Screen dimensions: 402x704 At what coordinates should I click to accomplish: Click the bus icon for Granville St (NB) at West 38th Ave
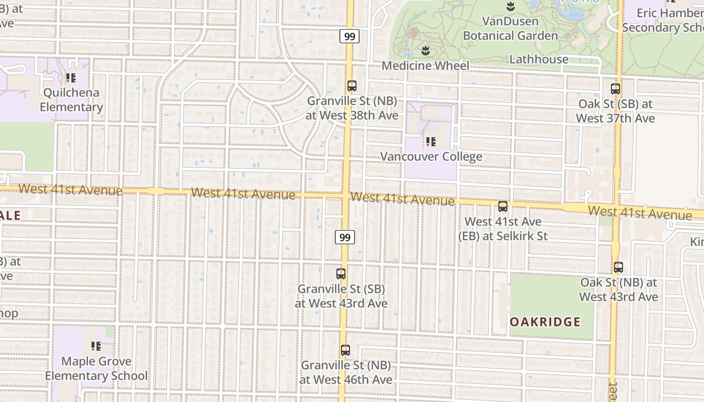pos(352,86)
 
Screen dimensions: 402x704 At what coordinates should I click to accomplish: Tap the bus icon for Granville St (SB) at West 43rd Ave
pos(341,274)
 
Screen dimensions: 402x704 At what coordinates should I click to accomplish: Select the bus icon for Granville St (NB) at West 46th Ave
pos(345,350)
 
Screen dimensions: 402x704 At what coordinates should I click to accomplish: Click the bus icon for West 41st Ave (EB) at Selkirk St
pos(502,206)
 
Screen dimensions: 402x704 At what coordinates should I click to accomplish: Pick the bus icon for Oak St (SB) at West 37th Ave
pos(615,89)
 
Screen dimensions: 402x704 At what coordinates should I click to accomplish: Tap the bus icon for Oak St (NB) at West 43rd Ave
pos(618,267)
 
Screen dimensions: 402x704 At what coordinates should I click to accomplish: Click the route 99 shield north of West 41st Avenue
pos(349,36)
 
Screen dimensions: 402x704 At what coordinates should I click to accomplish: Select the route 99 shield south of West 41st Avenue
pos(345,237)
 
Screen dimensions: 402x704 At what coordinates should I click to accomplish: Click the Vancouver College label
pos(431,156)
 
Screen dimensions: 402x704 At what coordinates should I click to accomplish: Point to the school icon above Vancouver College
pos(431,141)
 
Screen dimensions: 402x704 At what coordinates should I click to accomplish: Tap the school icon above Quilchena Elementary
pos(71,78)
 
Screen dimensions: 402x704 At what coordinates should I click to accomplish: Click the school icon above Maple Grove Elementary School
pos(96,346)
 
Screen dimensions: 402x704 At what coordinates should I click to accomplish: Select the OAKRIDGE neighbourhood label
pos(545,322)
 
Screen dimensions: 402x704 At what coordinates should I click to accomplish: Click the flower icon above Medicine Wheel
pos(425,50)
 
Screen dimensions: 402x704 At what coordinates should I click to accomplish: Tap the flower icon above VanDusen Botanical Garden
pos(510,7)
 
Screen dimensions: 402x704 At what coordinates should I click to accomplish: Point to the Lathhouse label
pos(539,59)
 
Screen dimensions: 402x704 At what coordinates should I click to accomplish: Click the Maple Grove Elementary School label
pos(96,368)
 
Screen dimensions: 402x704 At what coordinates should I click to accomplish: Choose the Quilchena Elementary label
pos(71,99)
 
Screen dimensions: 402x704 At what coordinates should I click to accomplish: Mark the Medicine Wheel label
pos(425,65)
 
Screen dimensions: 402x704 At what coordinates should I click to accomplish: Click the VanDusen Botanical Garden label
pos(510,28)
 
